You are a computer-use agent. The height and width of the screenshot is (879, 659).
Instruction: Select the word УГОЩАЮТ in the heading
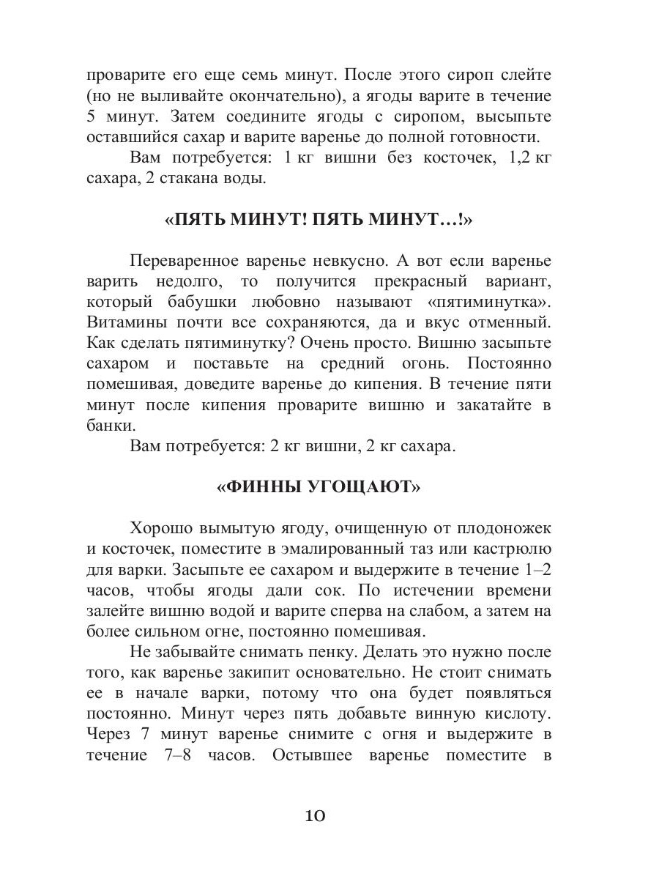[371, 487]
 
